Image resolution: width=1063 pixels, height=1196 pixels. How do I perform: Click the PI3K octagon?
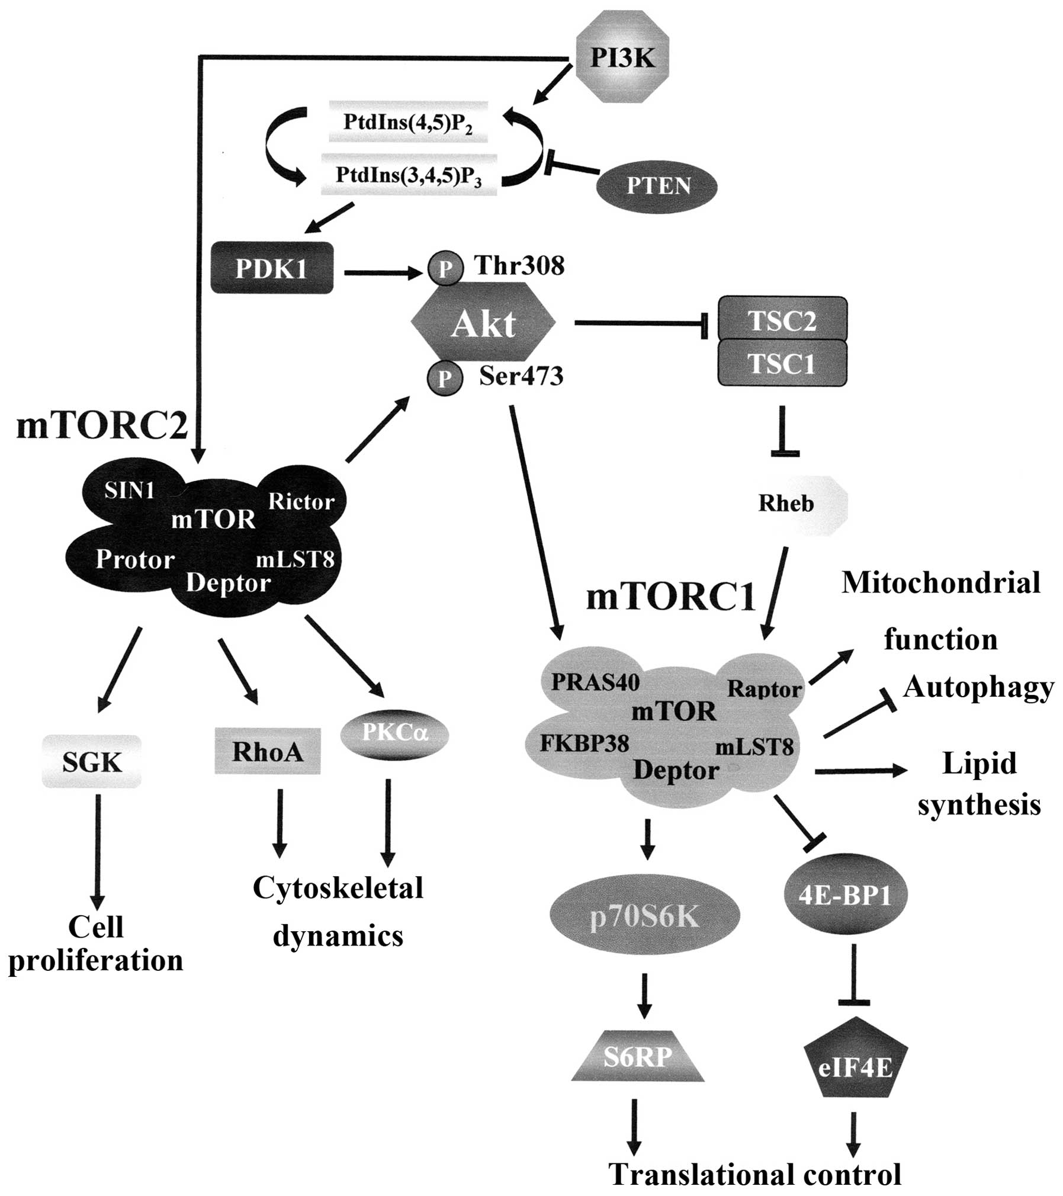[x=622, y=59]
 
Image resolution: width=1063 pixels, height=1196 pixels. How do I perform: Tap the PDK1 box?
[x=272, y=268]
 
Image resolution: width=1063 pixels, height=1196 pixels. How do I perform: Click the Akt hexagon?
[x=483, y=323]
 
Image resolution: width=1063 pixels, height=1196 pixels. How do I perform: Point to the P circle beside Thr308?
[x=445, y=270]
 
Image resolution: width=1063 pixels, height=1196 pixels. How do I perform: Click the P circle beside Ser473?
[x=445, y=378]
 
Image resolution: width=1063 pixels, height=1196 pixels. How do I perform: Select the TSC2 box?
[x=782, y=320]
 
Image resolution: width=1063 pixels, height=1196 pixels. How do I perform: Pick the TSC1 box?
[x=782, y=363]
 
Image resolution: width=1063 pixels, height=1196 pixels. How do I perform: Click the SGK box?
[x=92, y=762]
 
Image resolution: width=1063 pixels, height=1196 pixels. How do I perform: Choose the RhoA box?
[x=267, y=751]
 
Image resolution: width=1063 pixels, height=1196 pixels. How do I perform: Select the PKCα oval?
[x=395, y=735]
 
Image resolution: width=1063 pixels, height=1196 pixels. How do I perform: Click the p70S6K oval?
[x=645, y=916]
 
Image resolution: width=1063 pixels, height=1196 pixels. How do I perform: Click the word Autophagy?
[x=978, y=688]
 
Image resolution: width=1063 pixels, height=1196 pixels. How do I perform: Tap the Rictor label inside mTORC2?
[x=301, y=502]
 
